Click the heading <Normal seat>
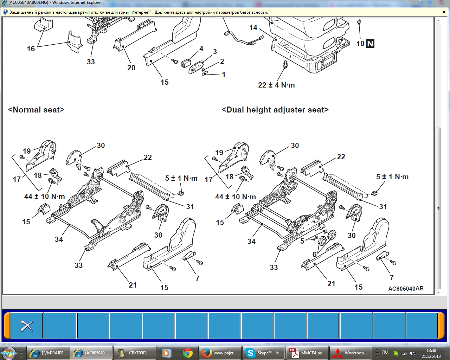(36, 110)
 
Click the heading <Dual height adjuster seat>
(275, 110)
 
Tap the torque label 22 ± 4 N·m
(276, 85)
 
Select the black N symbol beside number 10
(370, 44)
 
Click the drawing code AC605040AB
(406, 289)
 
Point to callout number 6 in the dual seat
(315, 254)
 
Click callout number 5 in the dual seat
(302, 241)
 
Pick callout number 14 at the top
(253, 27)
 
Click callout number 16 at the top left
(31, 49)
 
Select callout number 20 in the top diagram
(131, 67)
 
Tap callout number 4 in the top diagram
(201, 49)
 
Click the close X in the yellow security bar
(444, 12)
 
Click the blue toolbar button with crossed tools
(27, 326)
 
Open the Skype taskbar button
(264, 353)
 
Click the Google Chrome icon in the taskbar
(188, 353)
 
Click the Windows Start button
(8, 353)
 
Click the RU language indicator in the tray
(385, 352)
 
